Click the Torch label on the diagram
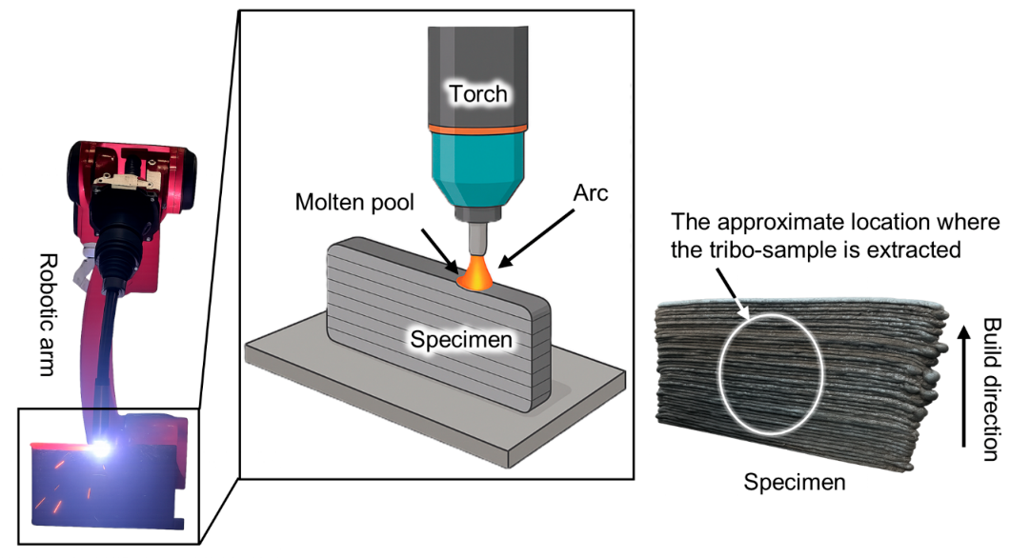tap(478, 94)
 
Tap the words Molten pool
tap(354, 202)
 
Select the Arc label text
tap(591, 192)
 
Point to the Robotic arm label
tap(49, 315)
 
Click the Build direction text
tap(992, 389)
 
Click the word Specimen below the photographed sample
tap(795, 482)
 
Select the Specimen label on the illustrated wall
tap(461, 339)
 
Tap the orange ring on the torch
tap(478, 130)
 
